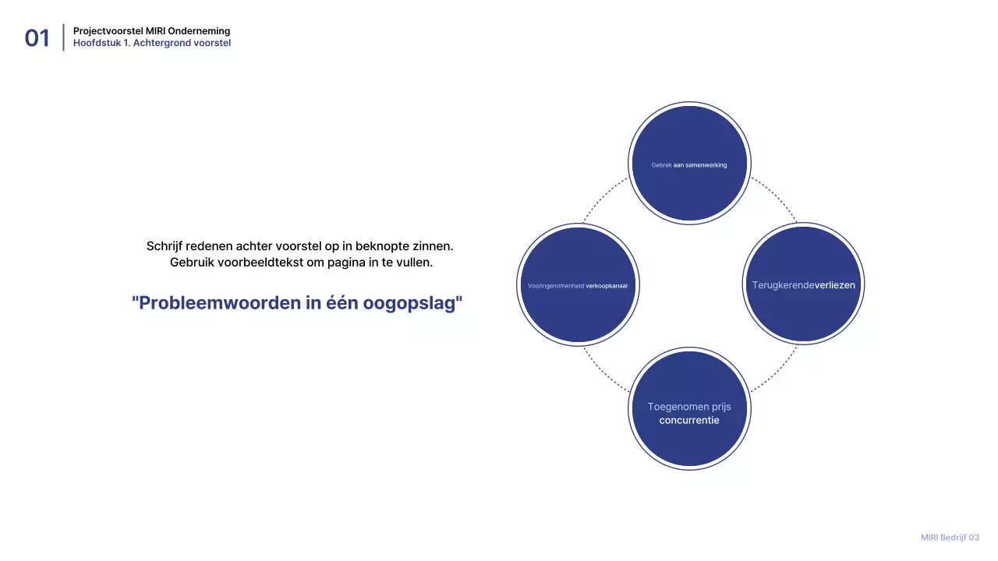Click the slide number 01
coord(37,37)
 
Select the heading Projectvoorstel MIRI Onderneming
coord(151,31)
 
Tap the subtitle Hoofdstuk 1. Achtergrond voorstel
coord(151,43)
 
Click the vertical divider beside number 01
coord(63,37)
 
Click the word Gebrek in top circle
coord(661,165)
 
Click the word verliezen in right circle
coord(835,285)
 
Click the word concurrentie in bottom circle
coord(689,421)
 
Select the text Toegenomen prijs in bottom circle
coord(689,407)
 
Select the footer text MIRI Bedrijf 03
coord(950,538)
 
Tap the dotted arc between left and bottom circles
coord(603,372)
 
